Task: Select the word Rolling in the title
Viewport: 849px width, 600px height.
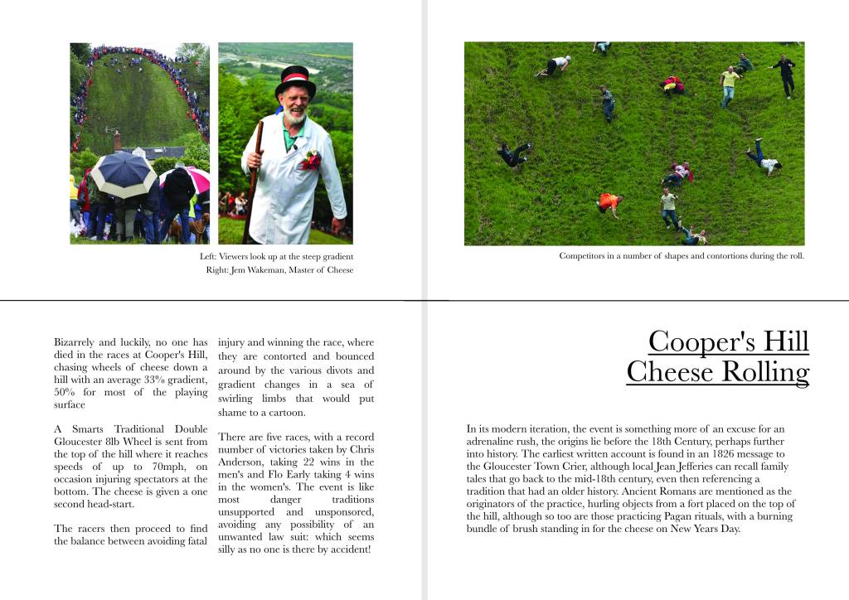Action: point(764,372)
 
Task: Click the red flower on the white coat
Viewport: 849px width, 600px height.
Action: point(311,159)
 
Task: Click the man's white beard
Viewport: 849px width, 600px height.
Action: point(294,117)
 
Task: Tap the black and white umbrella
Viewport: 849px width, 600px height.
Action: point(123,172)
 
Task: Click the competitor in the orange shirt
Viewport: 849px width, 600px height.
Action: point(609,201)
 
